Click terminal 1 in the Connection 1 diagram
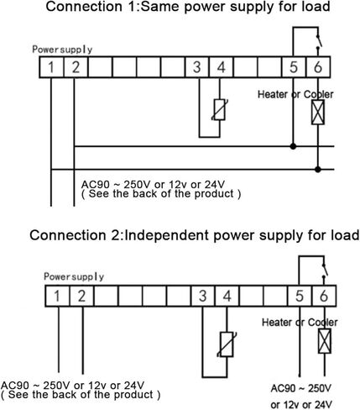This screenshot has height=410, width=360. pyautogui.click(x=51, y=67)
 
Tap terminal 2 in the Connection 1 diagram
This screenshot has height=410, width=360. pyautogui.click(x=76, y=67)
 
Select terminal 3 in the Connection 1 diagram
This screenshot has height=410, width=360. pyautogui.click(x=197, y=67)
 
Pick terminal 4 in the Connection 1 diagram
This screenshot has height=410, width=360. pyautogui.click(x=221, y=67)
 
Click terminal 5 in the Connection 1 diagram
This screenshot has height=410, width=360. pyautogui.click(x=294, y=67)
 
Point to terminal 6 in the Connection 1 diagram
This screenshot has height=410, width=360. pyautogui.click(x=318, y=67)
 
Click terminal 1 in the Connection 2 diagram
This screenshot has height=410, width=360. pyautogui.click(x=57, y=296)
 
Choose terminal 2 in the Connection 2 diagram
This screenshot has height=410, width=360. pyautogui.click(x=81, y=296)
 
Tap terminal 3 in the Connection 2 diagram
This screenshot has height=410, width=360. pyautogui.click(x=203, y=296)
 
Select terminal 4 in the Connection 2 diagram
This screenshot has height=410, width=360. pyautogui.click(x=227, y=296)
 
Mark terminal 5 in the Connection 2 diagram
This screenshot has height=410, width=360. pyautogui.click(x=300, y=296)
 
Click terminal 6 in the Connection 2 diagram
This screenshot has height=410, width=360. pyautogui.click(x=324, y=296)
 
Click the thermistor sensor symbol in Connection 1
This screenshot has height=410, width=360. pyautogui.click(x=220, y=109)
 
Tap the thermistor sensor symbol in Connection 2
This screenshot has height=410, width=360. pyautogui.click(x=227, y=344)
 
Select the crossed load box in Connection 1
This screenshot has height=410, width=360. pyautogui.click(x=318, y=112)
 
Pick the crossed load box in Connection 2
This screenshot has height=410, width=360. pyautogui.click(x=325, y=341)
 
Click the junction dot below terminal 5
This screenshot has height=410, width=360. pyautogui.click(x=293, y=146)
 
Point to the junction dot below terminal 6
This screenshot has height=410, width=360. pyautogui.click(x=318, y=169)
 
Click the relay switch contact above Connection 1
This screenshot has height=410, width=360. pyautogui.click(x=319, y=42)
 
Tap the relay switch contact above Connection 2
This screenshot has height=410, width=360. pyautogui.click(x=325, y=271)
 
